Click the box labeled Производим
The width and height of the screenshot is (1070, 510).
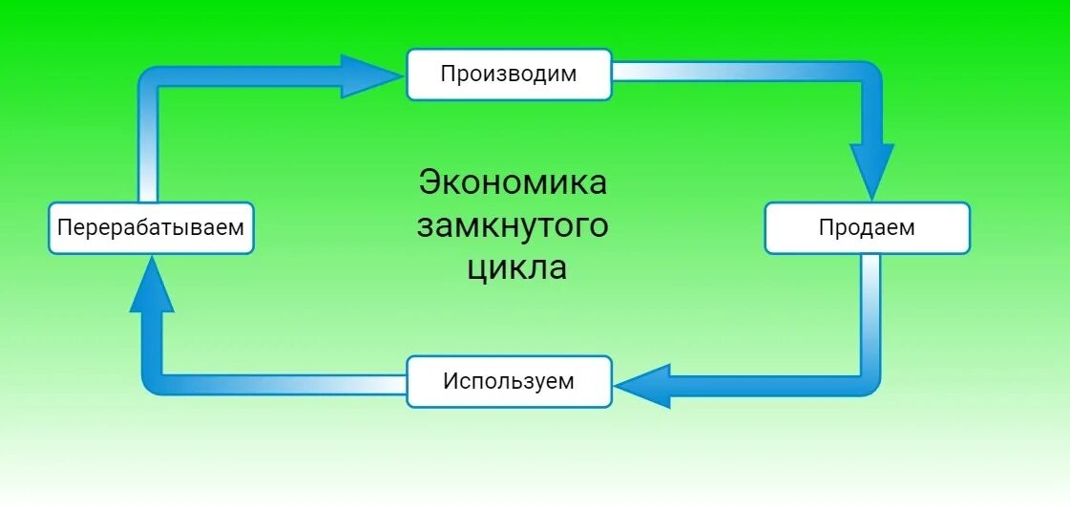[509, 74]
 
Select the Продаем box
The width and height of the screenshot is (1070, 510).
[867, 228]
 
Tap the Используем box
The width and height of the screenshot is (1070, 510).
[509, 382]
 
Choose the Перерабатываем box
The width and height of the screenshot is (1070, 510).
[151, 228]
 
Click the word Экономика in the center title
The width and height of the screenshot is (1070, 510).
[513, 182]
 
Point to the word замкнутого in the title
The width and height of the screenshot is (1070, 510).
[513, 226]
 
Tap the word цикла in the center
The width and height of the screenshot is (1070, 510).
[516, 268]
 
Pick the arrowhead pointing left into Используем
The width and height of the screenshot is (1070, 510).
[643, 384]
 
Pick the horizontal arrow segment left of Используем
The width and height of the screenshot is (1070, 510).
[286, 384]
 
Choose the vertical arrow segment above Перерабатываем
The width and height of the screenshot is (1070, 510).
[149, 143]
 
